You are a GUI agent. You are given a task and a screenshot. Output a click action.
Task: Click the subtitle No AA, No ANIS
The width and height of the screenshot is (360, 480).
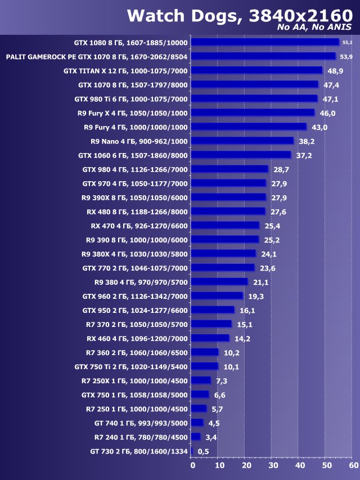pos(314,28)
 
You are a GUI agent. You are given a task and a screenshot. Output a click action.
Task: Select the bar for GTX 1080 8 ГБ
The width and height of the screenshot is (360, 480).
pos(265,42)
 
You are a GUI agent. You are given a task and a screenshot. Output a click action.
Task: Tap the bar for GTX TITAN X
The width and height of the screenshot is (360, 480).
pos(256,70)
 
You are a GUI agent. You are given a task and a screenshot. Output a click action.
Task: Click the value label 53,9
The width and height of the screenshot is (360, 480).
pos(346,56)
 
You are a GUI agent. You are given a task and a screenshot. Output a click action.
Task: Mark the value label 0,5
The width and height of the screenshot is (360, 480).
pos(203,451)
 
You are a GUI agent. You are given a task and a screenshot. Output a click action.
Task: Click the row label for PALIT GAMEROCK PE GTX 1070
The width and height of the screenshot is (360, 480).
pos(97,56)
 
